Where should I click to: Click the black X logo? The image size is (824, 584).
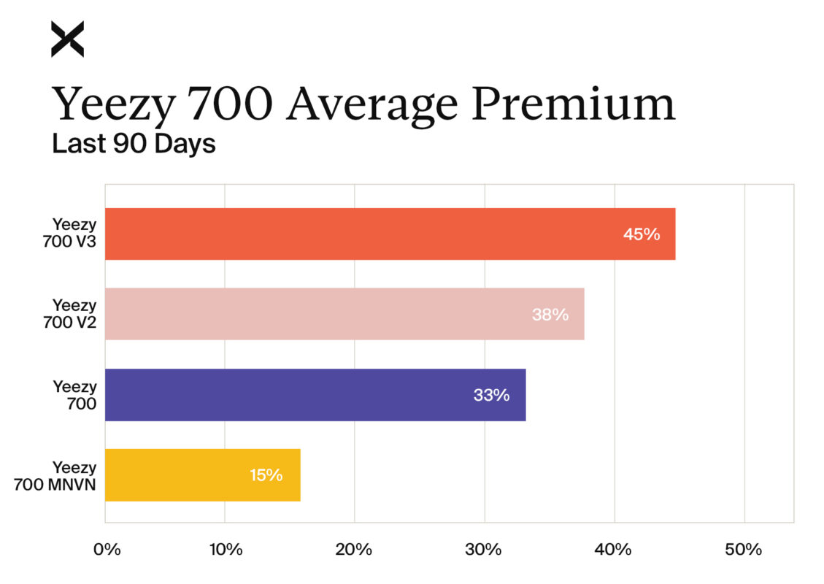(67, 39)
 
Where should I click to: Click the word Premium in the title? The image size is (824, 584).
(573, 104)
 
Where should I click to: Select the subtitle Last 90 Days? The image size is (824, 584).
(134, 144)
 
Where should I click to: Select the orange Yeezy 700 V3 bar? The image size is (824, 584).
(390, 234)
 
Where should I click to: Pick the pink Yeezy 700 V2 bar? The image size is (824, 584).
(344, 314)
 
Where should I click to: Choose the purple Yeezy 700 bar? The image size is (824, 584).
(315, 395)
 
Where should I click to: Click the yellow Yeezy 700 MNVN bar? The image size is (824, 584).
(202, 475)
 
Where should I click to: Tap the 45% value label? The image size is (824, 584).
(642, 234)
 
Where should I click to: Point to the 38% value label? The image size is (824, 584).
(550, 315)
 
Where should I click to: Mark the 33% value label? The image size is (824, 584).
(491, 395)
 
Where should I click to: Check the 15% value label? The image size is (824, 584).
(266, 475)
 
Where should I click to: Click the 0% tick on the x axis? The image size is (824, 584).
(107, 550)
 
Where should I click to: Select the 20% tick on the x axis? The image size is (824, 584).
(355, 550)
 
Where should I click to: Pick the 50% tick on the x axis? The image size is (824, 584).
(744, 550)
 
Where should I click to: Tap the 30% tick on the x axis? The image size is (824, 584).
(485, 550)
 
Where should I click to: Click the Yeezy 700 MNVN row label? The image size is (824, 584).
(57, 475)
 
